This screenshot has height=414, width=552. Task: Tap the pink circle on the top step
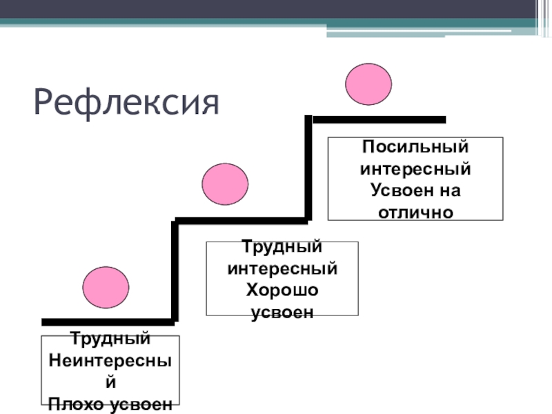point(368,84)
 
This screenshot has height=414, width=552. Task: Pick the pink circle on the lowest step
point(106,286)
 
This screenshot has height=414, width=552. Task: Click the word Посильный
point(415,147)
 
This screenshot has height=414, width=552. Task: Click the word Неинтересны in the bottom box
point(110,361)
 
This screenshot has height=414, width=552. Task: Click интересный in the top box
point(415,168)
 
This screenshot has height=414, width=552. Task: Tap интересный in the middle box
point(282,268)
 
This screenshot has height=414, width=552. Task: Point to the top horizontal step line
point(379,119)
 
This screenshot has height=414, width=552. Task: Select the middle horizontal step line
point(241,221)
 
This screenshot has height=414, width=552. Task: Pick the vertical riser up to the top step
point(308,169)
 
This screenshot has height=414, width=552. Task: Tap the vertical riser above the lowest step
point(175,271)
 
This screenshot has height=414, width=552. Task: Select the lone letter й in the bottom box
point(110,382)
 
